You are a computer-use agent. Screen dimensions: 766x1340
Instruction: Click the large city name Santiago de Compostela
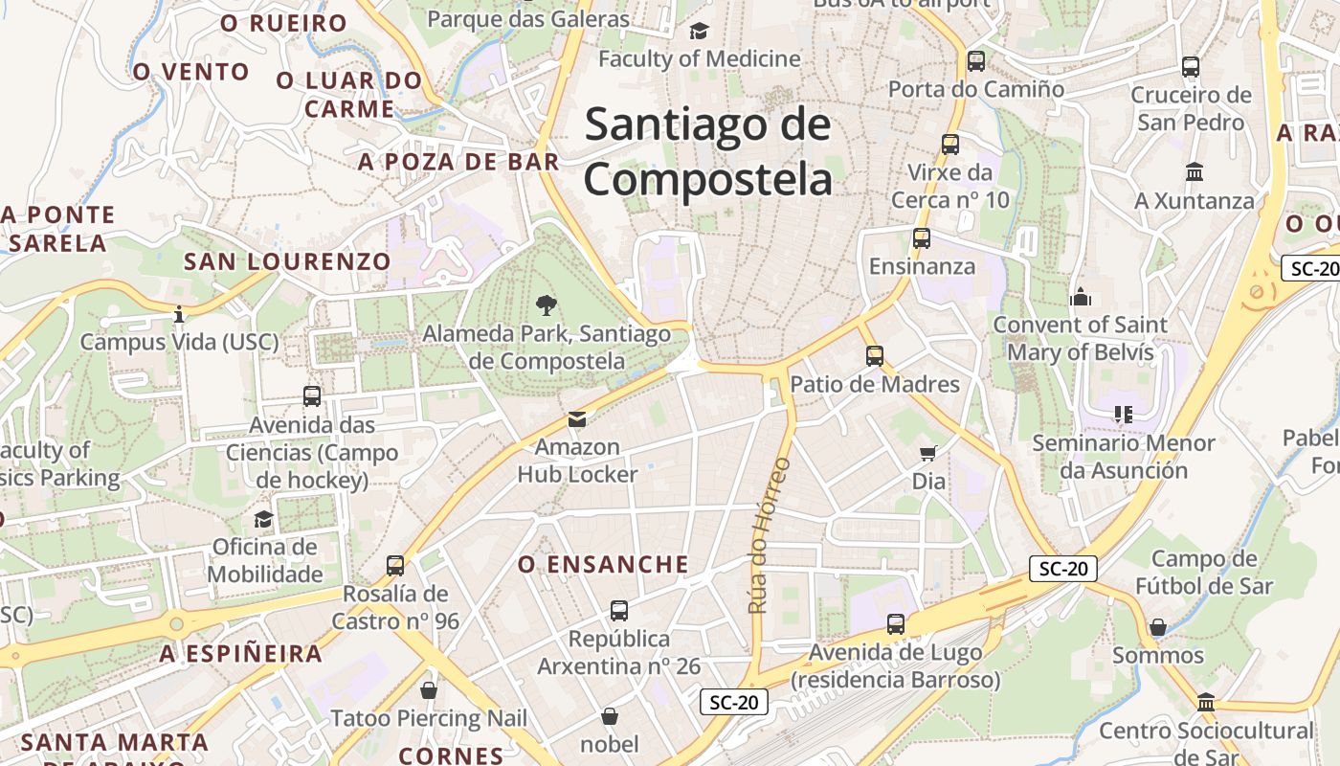(707, 151)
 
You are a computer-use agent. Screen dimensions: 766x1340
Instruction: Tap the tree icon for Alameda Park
(547, 305)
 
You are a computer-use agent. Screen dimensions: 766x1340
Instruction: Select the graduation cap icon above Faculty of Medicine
(699, 31)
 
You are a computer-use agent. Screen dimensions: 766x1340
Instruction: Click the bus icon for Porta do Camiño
(975, 61)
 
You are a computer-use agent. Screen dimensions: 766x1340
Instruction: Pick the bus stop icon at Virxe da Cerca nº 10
(949, 145)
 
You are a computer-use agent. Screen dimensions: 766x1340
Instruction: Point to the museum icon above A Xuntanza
(1194, 172)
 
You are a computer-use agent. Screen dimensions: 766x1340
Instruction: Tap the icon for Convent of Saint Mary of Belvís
(1081, 297)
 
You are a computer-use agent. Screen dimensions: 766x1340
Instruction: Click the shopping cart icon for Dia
(927, 453)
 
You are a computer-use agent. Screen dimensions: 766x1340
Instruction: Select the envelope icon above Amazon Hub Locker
(576, 418)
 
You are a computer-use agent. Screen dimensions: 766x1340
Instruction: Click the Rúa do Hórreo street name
(769, 535)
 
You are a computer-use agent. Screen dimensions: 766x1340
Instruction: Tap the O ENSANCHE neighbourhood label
(603, 565)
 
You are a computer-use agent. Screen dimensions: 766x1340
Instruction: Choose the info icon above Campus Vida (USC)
(178, 313)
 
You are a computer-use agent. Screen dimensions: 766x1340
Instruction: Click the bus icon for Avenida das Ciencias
(311, 395)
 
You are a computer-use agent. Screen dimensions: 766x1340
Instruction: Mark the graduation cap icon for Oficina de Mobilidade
(263, 519)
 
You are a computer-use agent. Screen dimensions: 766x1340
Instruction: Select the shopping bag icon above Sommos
(1157, 627)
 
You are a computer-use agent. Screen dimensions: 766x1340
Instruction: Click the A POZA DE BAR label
(458, 162)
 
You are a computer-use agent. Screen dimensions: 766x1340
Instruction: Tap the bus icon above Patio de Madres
(874, 356)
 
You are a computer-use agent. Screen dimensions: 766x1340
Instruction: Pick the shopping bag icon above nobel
(609, 715)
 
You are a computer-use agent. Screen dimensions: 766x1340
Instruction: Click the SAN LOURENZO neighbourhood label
(287, 261)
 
